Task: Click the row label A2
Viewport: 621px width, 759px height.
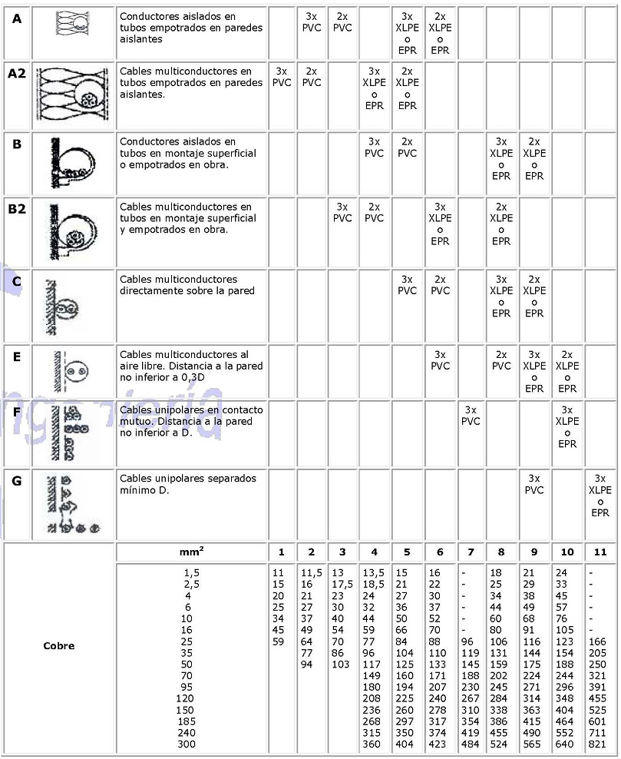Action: click(17, 74)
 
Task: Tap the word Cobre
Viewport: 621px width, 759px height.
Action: click(59, 645)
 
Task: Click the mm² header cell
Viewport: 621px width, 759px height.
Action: click(191, 552)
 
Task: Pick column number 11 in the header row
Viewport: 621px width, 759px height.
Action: click(600, 552)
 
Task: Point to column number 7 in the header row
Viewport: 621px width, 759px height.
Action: click(471, 552)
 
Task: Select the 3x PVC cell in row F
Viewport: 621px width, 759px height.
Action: click(471, 416)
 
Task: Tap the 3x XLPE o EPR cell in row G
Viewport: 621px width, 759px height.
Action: click(600, 495)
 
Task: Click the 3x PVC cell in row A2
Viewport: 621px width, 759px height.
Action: click(282, 77)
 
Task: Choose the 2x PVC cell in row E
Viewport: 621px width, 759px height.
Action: click(501, 360)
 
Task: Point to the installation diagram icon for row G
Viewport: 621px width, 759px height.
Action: click(71, 504)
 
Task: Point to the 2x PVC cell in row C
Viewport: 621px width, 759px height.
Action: click(440, 285)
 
